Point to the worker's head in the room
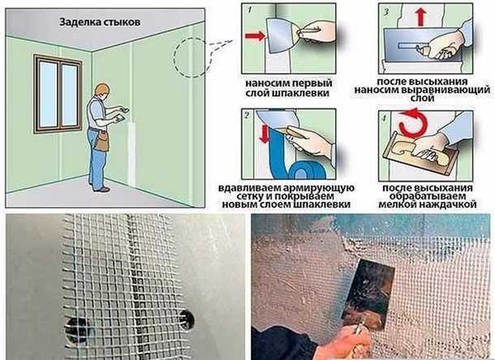[101, 89]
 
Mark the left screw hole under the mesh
[78, 328]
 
